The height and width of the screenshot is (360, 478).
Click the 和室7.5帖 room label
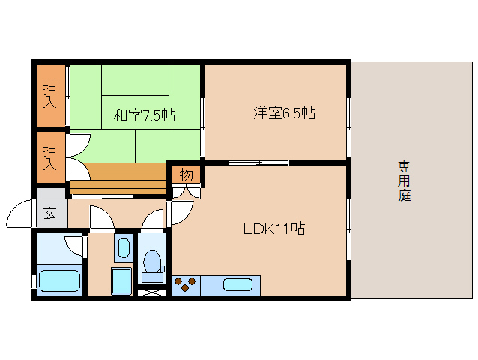click(144, 115)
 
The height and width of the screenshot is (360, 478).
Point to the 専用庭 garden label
click(405, 181)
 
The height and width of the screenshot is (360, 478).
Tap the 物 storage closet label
click(186, 175)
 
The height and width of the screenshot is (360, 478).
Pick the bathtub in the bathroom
click(60, 282)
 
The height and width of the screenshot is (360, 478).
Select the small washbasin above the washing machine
click(124, 247)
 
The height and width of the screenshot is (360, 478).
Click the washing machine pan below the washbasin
click(121, 281)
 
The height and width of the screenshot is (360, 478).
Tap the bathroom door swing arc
click(76, 245)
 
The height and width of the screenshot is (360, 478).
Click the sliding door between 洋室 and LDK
click(258, 163)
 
